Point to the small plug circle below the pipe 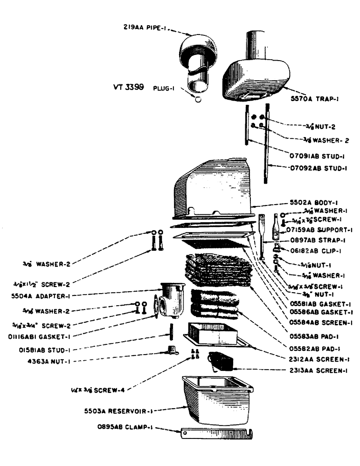pos(198,100)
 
